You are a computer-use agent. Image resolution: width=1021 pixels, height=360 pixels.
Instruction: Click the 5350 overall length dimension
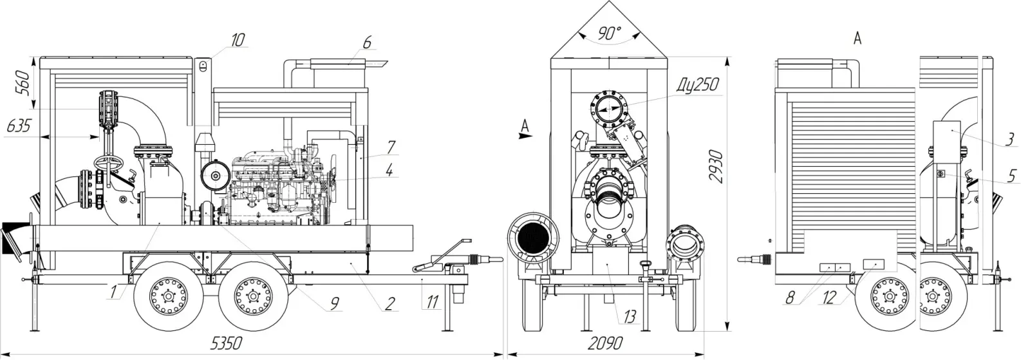(226, 343)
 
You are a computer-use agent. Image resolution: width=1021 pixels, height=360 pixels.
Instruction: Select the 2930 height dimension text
(716, 166)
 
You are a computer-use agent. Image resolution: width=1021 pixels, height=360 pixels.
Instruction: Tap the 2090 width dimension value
(605, 343)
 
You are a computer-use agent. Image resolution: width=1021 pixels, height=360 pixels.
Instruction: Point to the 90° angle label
(610, 33)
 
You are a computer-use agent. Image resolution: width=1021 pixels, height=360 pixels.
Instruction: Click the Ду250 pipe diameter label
(697, 85)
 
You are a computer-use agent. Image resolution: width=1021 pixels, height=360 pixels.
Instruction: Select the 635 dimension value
(19, 126)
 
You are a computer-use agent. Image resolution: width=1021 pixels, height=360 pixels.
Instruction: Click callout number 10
(237, 40)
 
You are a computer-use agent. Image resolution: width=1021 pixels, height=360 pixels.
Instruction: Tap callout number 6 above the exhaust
(367, 42)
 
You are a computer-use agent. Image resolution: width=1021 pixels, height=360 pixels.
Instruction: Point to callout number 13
(630, 316)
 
